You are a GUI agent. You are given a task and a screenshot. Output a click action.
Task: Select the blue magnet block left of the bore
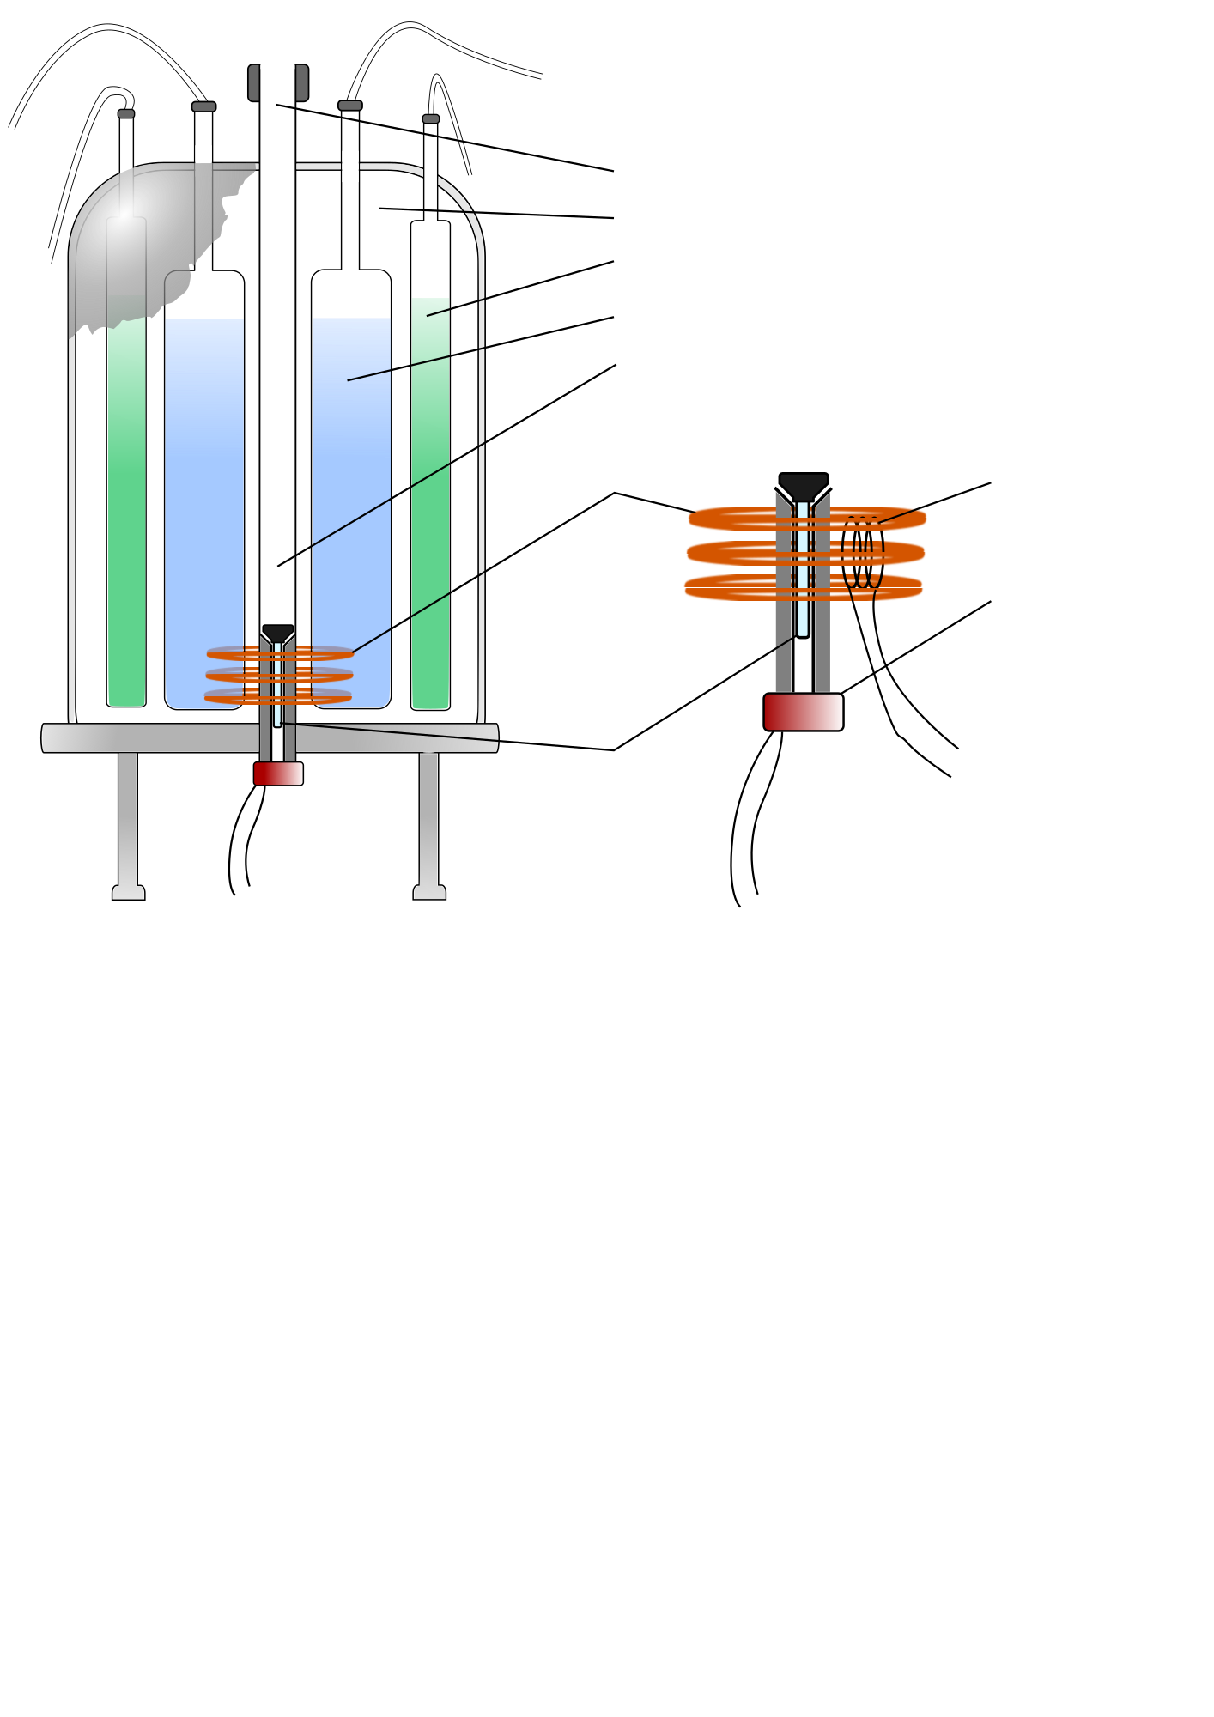tap(204, 498)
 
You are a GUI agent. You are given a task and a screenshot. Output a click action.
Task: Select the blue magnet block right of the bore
tap(351, 498)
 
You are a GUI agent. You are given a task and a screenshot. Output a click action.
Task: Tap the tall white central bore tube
tap(277, 343)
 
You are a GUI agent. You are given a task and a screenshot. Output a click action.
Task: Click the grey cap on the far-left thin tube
tap(126, 113)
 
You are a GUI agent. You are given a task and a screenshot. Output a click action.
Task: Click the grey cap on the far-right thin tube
tap(431, 119)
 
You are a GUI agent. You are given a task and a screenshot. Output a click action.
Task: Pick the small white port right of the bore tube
tap(350, 167)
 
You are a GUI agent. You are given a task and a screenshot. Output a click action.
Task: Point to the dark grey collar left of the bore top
tap(254, 83)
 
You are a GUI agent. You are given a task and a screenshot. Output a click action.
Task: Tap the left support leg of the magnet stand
tap(128, 816)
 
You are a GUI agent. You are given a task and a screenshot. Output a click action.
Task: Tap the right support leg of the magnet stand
tap(428, 816)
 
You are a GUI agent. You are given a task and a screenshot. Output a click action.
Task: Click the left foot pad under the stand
tap(129, 893)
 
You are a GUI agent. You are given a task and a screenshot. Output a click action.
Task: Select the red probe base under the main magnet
tap(278, 773)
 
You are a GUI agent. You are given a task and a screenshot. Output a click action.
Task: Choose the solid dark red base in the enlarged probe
tap(804, 713)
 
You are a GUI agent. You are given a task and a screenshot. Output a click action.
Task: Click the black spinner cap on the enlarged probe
tap(804, 486)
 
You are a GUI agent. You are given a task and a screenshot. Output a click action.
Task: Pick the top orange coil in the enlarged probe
tap(730, 519)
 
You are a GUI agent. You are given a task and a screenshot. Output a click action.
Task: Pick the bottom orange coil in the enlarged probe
tap(730, 588)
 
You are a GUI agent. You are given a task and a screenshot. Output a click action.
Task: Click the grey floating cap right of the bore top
tap(350, 106)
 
